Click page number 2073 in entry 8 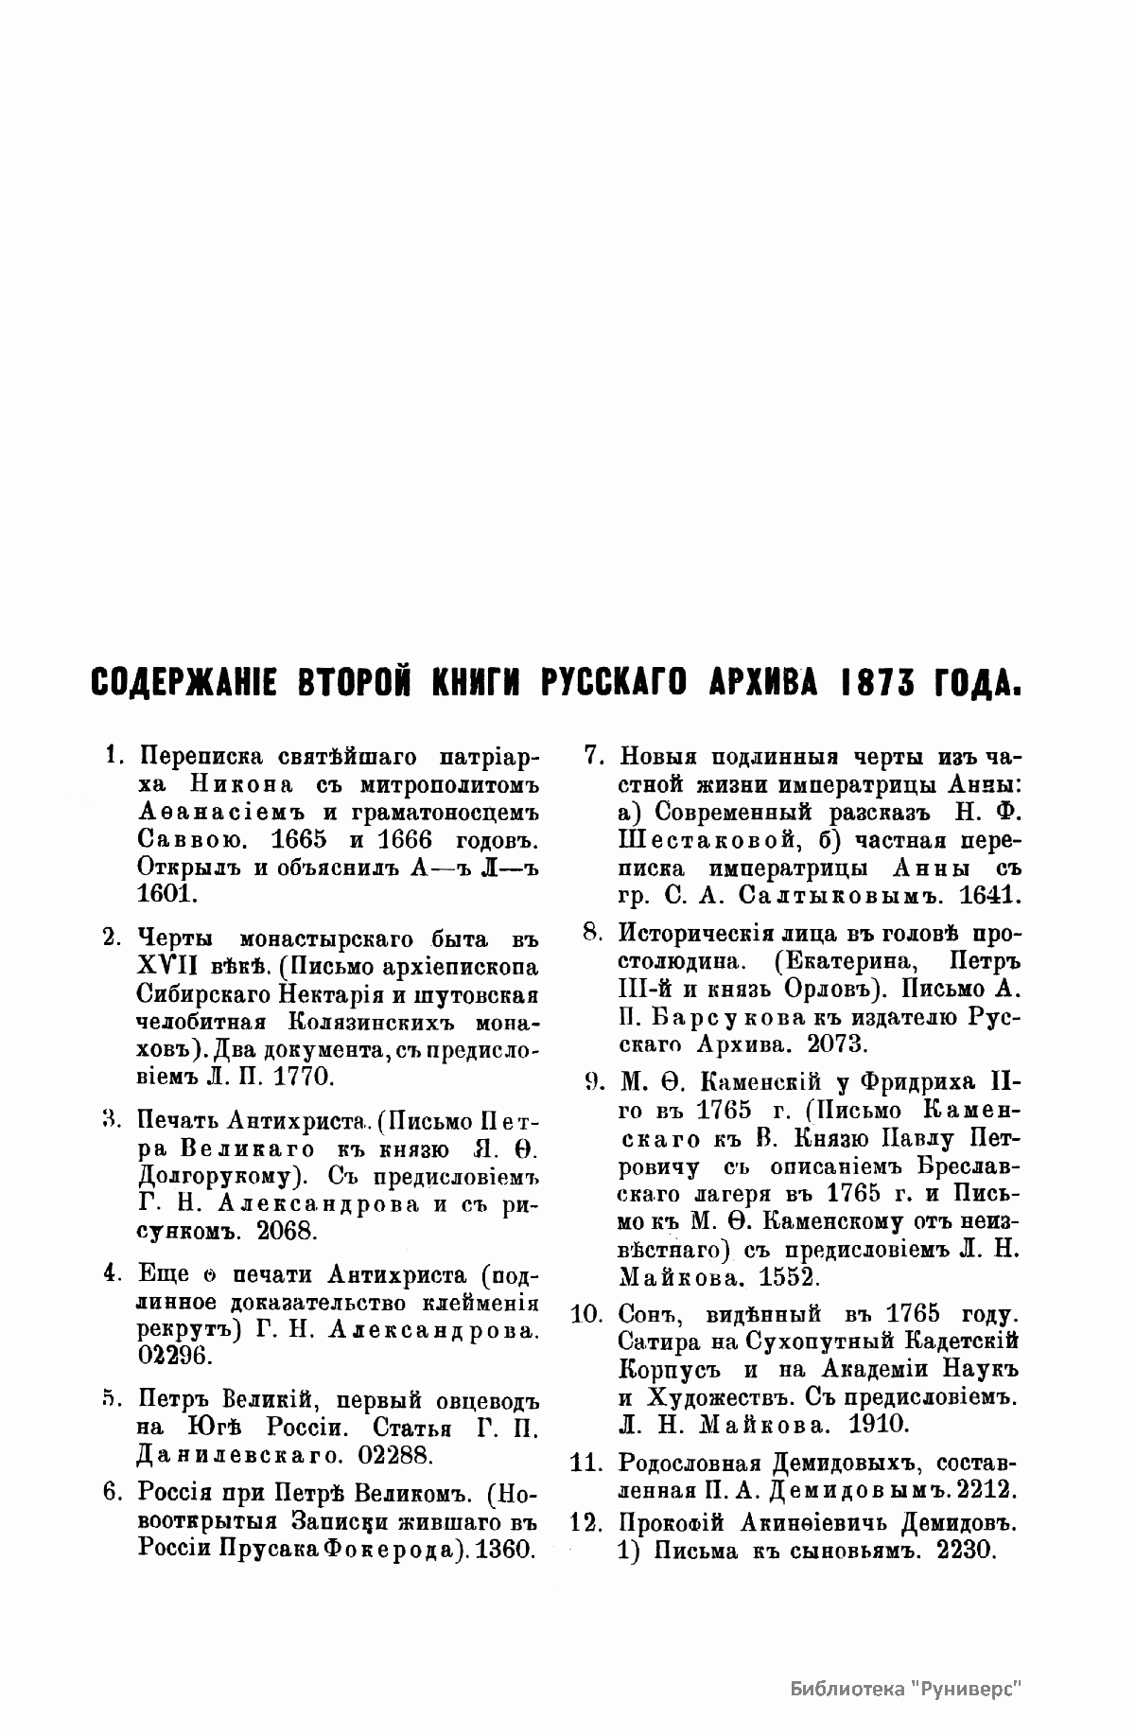(833, 1044)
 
